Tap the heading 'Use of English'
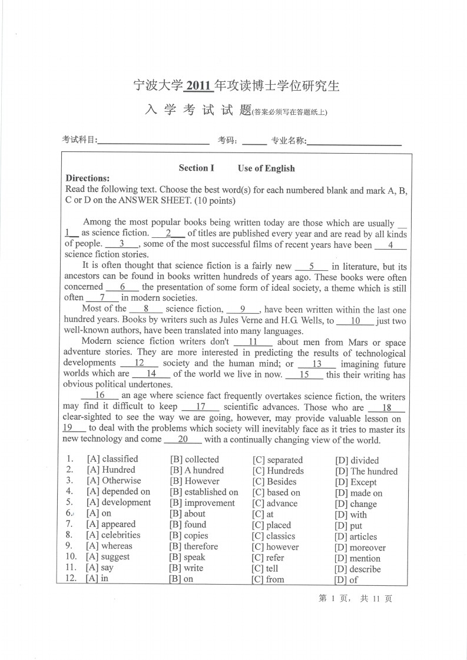pyautogui.click(x=266, y=168)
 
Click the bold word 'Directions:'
pyautogui.click(x=88, y=178)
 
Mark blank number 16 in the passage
pyautogui.click(x=100, y=396)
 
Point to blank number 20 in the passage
pyautogui.click(x=183, y=439)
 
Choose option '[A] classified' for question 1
pyautogui.click(x=112, y=459)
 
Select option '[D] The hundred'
pyautogui.click(x=366, y=471)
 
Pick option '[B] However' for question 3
pyautogui.click(x=194, y=481)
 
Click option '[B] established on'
pyautogui.click(x=204, y=492)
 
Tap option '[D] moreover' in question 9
pyautogui.click(x=360, y=548)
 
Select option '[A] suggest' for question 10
pyautogui.click(x=108, y=557)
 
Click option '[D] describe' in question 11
pyautogui.click(x=358, y=569)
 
